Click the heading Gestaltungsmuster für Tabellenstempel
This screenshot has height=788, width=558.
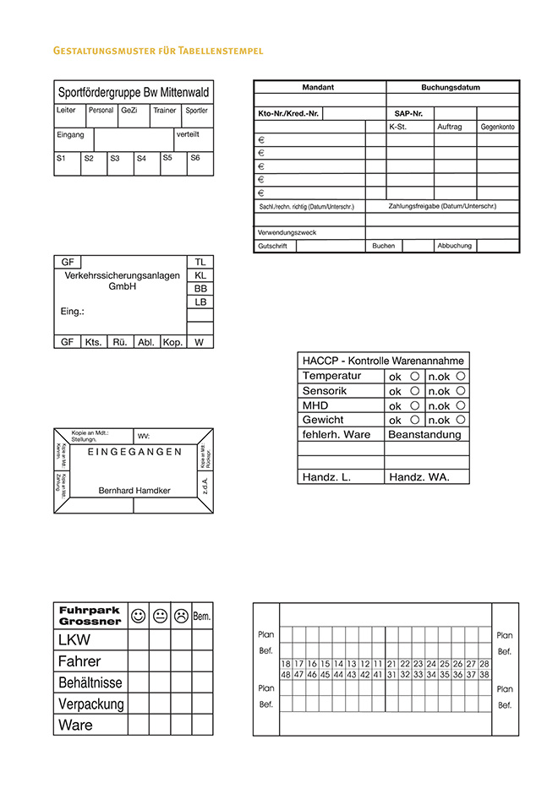(x=158, y=52)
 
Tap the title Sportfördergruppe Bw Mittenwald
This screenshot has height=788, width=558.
(x=134, y=92)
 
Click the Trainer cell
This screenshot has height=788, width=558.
(x=164, y=111)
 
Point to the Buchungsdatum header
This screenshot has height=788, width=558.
(x=451, y=87)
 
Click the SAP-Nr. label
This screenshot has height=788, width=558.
(x=408, y=113)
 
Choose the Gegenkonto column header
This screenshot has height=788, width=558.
(x=498, y=127)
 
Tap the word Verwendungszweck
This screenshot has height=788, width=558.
(x=287, y=232)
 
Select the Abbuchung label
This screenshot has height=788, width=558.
(x=454, y=246)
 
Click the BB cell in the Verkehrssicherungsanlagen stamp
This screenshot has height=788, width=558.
(x=200, y=289)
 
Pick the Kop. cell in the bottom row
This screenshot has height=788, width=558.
(x=172, y=342)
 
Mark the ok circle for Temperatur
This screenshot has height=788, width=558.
(x=415, y=376)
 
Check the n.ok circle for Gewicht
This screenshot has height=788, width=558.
(x=461, y=419)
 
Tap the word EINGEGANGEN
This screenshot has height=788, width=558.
(x=134, y=452)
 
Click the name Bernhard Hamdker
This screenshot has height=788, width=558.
(x=134, y=490)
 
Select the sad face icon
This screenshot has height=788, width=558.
(x=181, y=616)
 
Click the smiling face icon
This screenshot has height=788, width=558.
(x=139, y=616)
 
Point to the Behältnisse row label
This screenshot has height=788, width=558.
(x=90, y=682)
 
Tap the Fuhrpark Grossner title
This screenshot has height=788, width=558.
(x=90, y=616)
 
